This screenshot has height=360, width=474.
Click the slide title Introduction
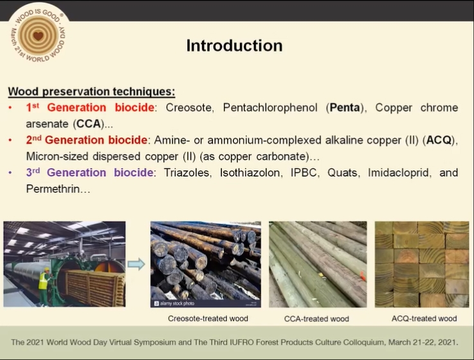point(234,46)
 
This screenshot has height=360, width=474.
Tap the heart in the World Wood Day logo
point(38,36)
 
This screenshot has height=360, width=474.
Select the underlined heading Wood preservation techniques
point(91,91)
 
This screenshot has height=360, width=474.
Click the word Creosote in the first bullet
point(189,107)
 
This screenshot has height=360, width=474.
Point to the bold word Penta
point(345,107)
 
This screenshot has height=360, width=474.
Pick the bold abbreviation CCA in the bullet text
point(88,123)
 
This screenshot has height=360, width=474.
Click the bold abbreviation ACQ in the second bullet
point(439,140)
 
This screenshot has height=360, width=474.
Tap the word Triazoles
point(187,172)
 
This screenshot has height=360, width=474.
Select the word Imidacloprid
point(399,172)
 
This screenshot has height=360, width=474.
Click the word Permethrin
point(53,189)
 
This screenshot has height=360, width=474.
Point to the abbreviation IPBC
point(304,172)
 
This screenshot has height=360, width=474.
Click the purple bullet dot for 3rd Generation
point(10,173)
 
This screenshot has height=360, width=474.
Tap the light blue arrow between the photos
point(136,264)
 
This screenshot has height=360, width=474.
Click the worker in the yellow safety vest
point(44,285)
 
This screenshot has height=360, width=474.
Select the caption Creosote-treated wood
point(208,318)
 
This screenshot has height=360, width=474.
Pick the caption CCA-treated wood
point(316,319)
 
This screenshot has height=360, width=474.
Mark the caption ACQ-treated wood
point(424,318)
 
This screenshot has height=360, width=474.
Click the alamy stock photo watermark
point(174,303)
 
